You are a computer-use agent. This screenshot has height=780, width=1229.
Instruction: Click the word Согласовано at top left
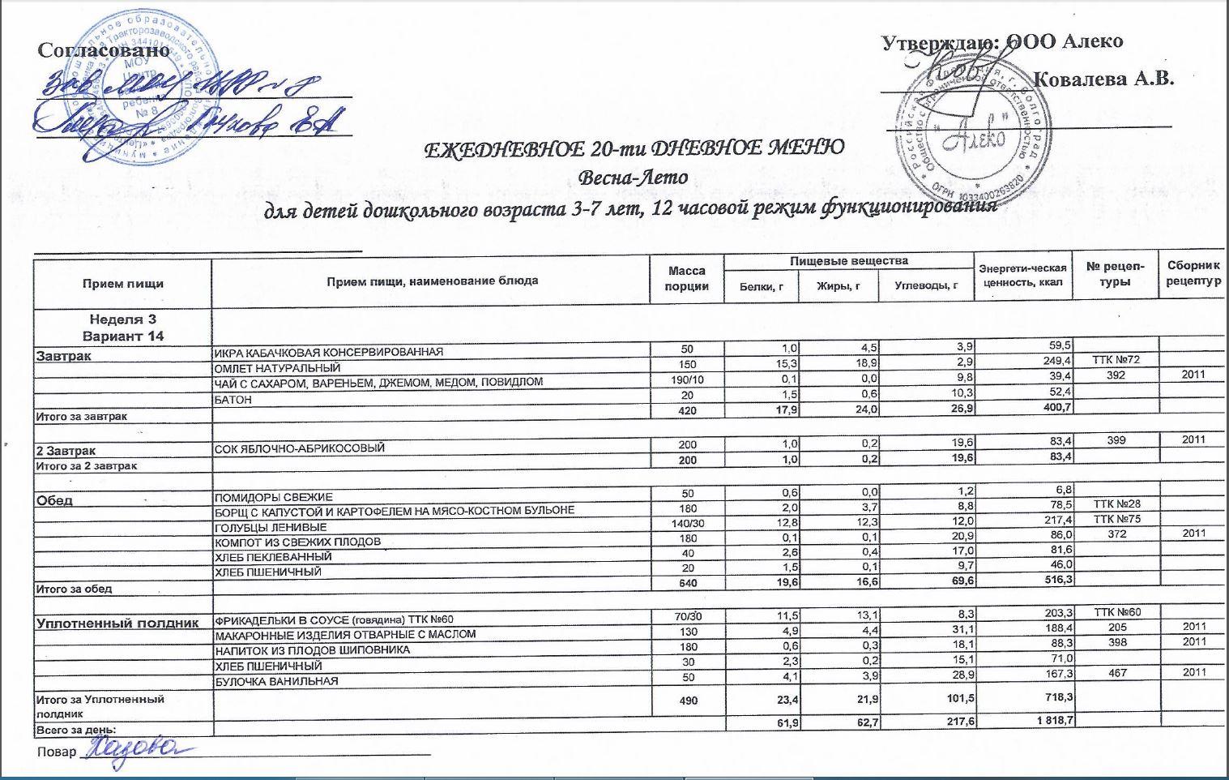(x=104, y=50)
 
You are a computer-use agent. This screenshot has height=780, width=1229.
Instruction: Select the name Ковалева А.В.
(x=1104, y=79)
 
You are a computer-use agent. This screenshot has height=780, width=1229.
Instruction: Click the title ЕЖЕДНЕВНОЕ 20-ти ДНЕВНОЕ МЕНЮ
(x=634, y=148)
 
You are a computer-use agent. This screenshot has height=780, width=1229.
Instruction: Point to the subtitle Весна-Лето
(x=634, y=177)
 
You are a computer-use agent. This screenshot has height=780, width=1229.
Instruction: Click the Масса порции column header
(x=687, y=279)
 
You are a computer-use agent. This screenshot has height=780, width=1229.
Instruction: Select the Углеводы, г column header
(x=926, y=285)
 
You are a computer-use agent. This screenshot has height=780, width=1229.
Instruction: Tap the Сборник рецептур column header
(x=1193, y=273)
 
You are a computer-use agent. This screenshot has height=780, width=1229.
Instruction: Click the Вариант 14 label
(x=122, y=336)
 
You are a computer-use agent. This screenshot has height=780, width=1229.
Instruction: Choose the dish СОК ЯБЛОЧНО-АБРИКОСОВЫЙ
(x=299, y=448)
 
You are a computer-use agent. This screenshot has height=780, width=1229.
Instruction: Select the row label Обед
(x=54, y=500)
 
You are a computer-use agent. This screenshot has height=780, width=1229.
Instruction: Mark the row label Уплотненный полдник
(x=117, y=623)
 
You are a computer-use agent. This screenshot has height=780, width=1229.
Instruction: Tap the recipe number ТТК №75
(x=1116, y=519)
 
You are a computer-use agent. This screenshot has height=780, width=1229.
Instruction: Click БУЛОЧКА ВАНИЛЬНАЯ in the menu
(x=275, y=681)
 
